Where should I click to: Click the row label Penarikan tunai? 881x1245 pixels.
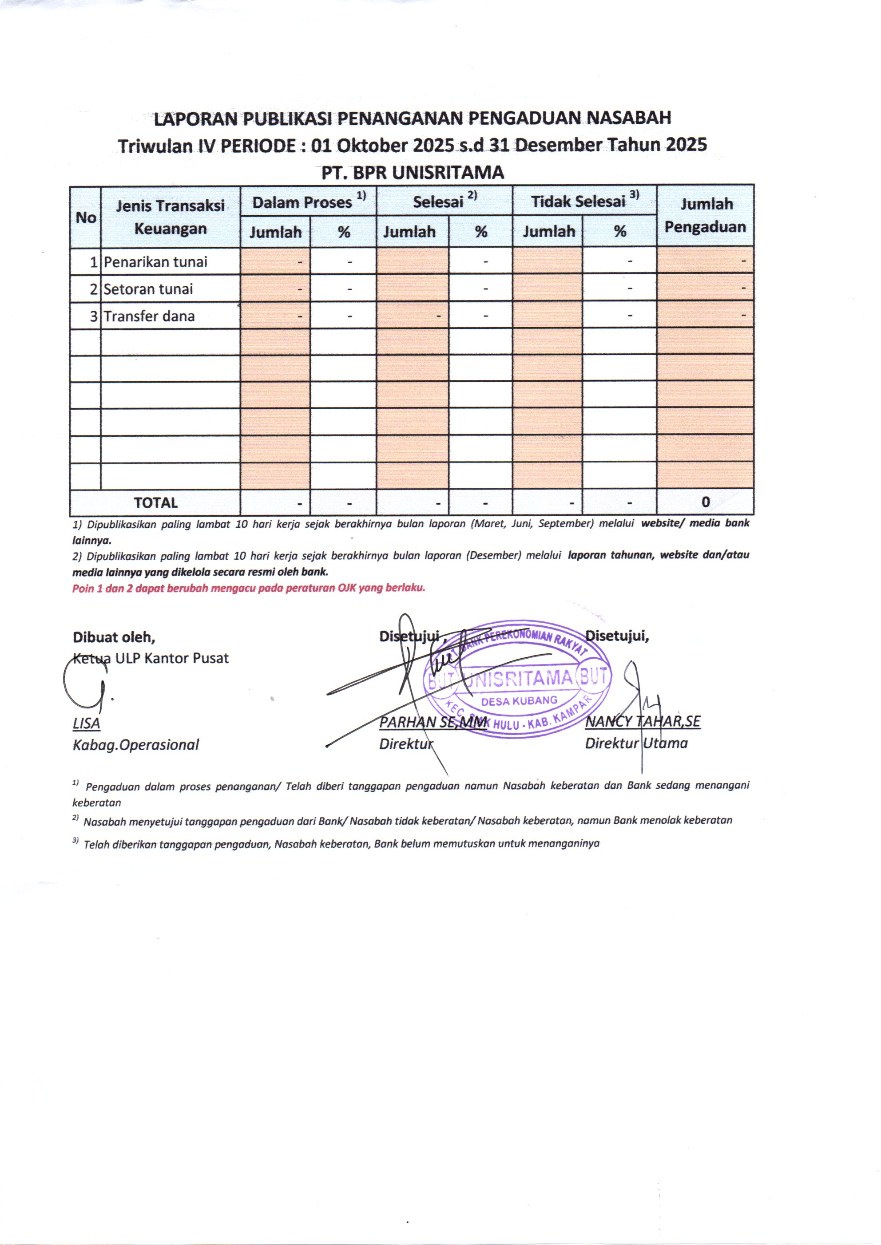pyautogui.click(x=156, y=262)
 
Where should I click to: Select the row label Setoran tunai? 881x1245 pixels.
pyautogui.click(x=148, y=289)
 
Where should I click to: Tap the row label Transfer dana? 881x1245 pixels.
pyautogui.click(x=149, y=316)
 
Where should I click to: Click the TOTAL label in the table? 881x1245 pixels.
pyautogui.click(x=156, y=503)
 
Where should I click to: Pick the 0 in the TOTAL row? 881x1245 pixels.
pyautogui.click(x=705, y=502)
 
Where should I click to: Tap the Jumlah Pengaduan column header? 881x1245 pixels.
pyautogui.click(x=705, y=215)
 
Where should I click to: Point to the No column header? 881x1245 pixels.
pyautogui.click(x=86, y=217)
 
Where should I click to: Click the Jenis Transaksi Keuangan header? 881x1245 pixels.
pyautogui.click(x=171, y=217)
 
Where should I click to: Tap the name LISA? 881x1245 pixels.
pyautogui.click(x=86, y=723)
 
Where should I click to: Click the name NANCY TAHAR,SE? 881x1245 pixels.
pyautogui.click(x=643, y=721)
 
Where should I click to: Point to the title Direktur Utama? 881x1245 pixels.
pyautogui.click(x=636, y=743)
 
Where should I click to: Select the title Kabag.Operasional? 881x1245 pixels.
pyautogui.click(x=135, y=744)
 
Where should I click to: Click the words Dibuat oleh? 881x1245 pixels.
pyautogui.click(x=114, y=636)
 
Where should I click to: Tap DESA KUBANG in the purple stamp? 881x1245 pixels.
pyautogui.click(x=519, y=700)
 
